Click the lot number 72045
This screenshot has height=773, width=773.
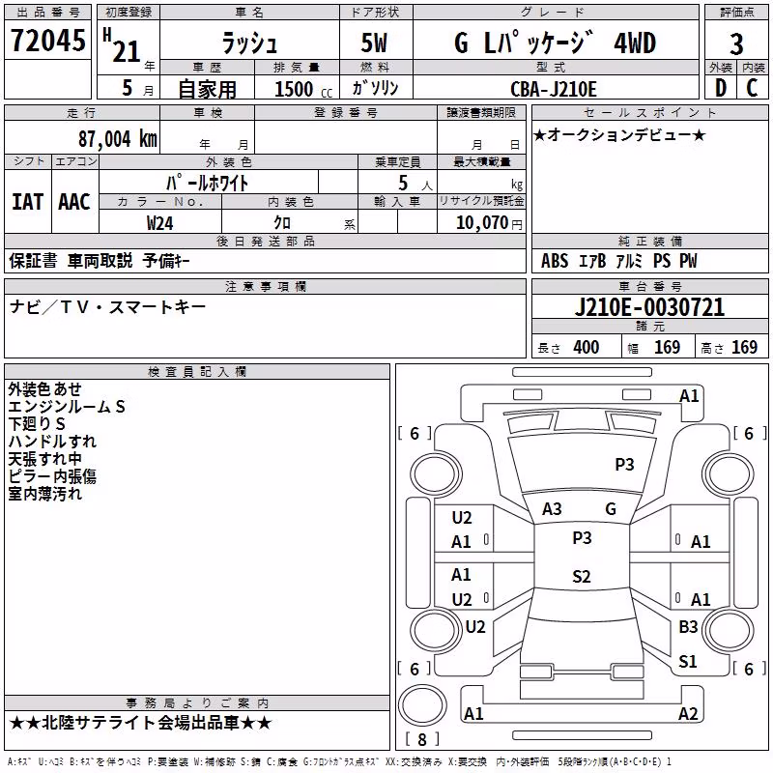[x=48, y=41]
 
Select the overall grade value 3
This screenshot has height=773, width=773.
[x=736, y=43]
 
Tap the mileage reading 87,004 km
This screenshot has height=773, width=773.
[x=117, y=139]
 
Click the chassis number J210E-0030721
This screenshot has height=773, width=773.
[x=649, y=307]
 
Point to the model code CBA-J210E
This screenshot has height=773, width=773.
[x=553, y=89]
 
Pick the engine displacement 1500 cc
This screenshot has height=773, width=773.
[x=303, y=89]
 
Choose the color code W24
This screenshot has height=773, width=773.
[x=159, y=223]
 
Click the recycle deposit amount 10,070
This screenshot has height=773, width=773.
[x=481, y=223]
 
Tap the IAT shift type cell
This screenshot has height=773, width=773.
[x=27, y=202]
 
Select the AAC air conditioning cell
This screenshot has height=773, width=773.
[x=74, y=202]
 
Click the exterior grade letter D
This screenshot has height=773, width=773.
[x=720, y=88]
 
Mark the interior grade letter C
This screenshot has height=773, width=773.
[x=752, y=88]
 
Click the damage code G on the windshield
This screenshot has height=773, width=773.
[x=611, y=509]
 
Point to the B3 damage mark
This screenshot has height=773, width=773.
[x=688, y=627]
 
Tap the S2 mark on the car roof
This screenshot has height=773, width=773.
[x=582, y=576]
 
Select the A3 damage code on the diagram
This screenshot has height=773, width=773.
[x=552, y=509]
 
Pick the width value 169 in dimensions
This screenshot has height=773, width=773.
[x=667, y=347]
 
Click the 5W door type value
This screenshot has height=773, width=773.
[x=374, y=43]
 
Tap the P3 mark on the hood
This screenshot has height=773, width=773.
[x=624, y=464]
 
